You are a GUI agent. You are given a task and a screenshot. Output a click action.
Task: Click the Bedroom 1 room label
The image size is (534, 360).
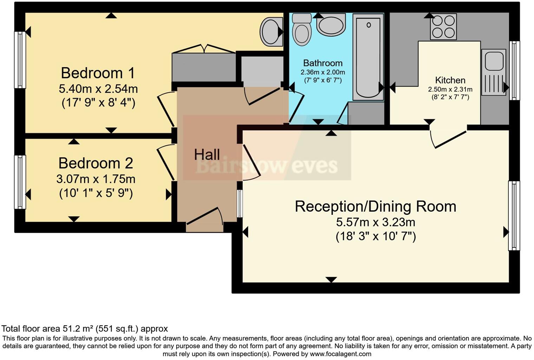coord(98,73)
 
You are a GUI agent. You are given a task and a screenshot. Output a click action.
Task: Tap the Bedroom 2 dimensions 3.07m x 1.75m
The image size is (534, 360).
coord(96,179)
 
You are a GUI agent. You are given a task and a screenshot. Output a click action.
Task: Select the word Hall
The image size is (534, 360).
coord(207,155)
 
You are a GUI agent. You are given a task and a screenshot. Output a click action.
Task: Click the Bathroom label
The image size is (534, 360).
coord(323,63)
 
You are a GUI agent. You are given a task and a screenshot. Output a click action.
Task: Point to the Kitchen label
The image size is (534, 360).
coord(450,80)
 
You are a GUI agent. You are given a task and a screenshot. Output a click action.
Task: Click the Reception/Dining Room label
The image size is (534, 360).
coord(375,206)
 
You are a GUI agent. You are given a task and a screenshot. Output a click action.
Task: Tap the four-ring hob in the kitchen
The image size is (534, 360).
coord(443,27)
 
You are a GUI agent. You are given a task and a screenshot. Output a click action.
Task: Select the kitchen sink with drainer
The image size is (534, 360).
coord(494,72)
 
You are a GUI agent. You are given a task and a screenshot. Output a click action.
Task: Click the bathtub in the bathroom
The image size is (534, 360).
coord(368,56)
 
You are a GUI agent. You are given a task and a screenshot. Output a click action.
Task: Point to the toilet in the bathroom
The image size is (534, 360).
coord(302,30)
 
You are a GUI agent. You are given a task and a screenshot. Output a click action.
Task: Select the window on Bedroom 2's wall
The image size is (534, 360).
coord(20,182)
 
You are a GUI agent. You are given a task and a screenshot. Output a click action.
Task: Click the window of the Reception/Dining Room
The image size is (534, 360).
coord(514,216)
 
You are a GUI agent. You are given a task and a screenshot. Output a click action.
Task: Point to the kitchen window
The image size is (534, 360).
coord(514,70)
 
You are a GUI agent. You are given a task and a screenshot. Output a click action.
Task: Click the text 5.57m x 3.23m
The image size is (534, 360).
coord(375,222)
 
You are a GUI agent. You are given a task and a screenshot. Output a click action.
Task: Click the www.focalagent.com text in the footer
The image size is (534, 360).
coord(340,354)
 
